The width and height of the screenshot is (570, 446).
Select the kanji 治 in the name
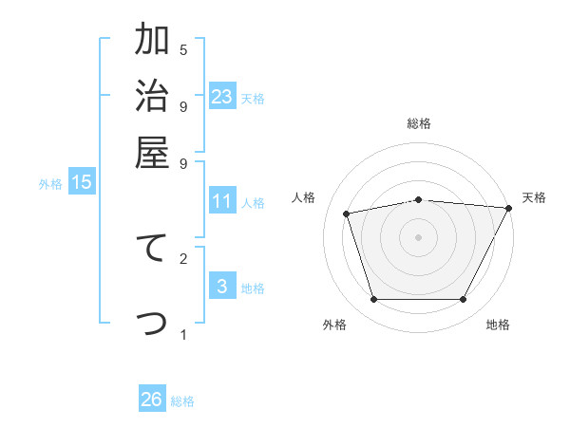click(153, 98)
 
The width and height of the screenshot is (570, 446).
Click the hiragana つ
click(153, 323)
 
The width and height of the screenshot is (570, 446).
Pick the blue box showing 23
click(222, 97)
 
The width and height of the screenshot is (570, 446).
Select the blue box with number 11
click(222, 201)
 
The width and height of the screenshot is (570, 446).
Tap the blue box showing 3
click(222, 287)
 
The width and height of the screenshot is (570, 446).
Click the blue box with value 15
click(82, 182)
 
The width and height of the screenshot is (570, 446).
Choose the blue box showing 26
click(152, 400)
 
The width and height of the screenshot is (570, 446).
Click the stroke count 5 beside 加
click(183, 49)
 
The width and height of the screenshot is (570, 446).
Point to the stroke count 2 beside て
click(183, 258)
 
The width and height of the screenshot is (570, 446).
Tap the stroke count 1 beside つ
click(183, 334)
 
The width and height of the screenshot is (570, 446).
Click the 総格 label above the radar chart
click(419, 123)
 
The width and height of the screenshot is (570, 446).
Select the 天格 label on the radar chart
click(534, 197)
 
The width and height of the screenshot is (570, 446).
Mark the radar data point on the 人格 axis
click(348, 214)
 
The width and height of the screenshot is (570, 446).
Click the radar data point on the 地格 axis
click(464, 300)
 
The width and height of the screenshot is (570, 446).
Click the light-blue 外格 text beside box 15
click(50, 184)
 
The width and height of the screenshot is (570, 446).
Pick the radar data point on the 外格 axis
click(373, 300)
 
